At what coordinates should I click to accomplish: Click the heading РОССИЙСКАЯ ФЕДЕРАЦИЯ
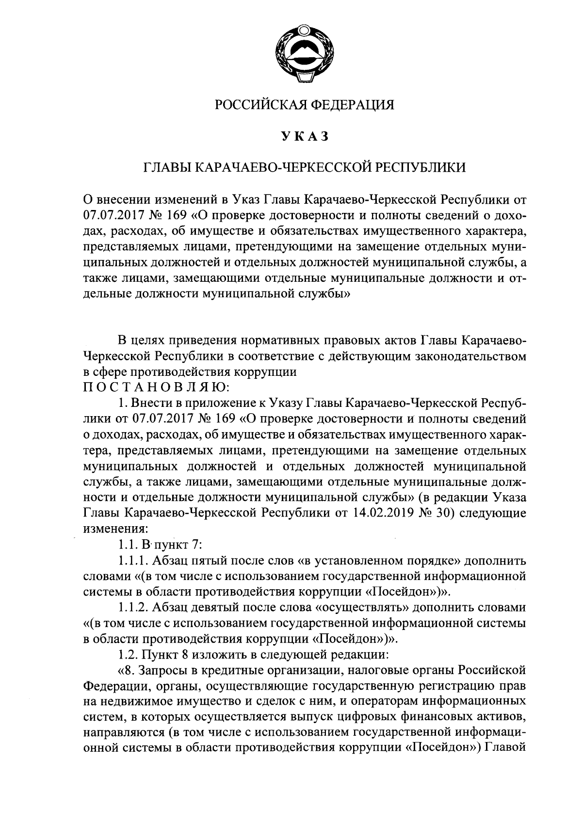pyautogui.click(x=305, y=104)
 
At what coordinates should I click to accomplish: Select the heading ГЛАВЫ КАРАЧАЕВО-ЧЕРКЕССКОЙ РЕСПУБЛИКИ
pyautogui.click(x=305, y=167)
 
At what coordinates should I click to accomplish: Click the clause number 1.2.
pyautogui.click(x=128, y=655)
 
